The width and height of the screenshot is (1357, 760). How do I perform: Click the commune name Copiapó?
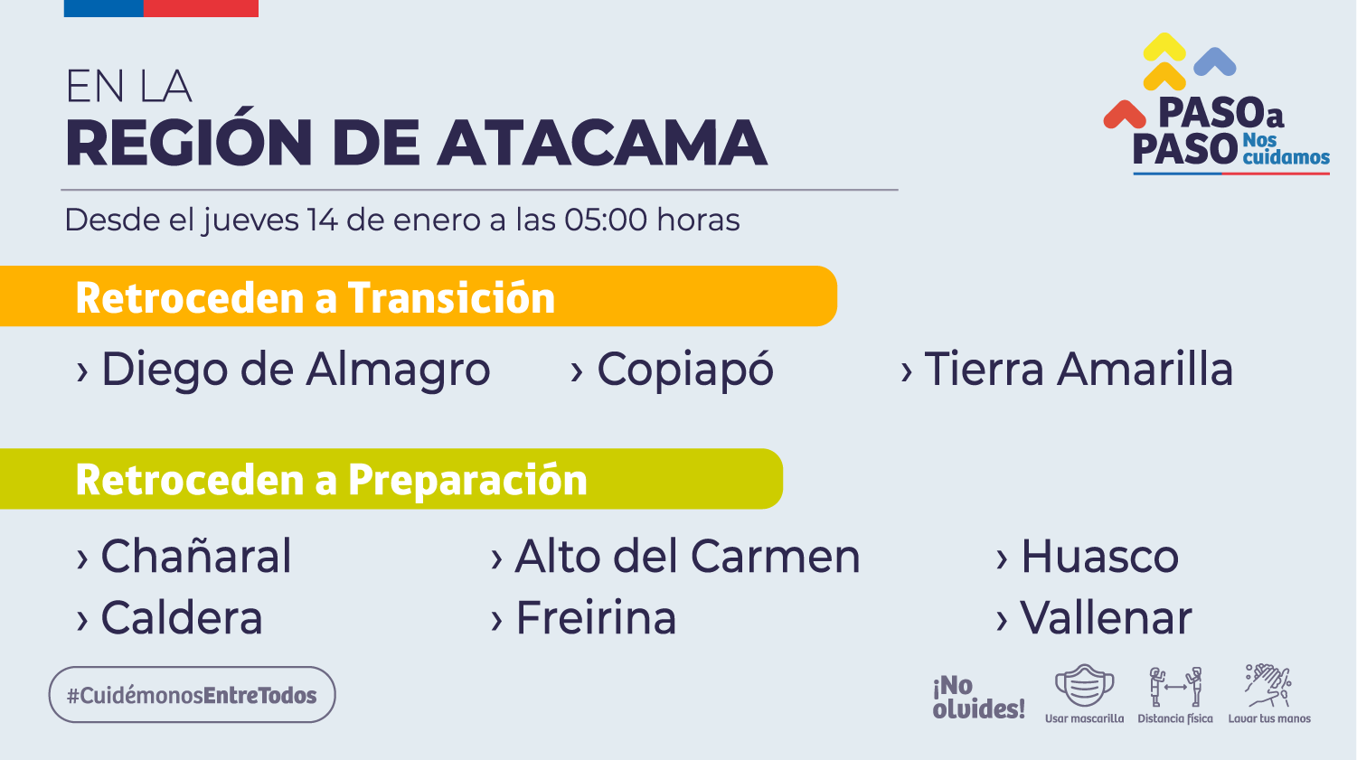(685, 370)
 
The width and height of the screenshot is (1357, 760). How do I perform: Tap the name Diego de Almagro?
(296, 370)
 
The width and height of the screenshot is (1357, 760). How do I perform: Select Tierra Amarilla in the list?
(1079, 369)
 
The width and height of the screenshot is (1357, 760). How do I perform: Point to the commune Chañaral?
(196, 556)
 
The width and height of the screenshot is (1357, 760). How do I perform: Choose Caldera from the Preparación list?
(182, 618)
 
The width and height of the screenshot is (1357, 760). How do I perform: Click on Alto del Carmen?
(688, 556)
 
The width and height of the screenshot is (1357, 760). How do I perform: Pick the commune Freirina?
(596, 618)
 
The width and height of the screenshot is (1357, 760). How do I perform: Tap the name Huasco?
(1100, 556)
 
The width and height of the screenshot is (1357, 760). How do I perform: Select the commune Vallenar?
(1107, 618)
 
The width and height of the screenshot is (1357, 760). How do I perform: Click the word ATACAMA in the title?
(602, 143)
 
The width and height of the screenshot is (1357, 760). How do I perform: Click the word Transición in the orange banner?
(451, 297)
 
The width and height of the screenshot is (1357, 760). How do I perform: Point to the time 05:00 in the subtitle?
(605, 220)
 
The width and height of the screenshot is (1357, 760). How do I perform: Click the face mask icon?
(1084, 685)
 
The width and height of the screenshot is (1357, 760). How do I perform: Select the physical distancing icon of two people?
(1175, 686)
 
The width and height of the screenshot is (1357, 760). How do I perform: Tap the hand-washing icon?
(1268, 686)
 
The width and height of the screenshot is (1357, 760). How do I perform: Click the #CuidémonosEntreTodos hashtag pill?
(192, 695)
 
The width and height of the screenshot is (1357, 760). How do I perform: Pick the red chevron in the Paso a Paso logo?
(1125, 115)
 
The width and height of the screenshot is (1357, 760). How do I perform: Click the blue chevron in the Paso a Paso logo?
(1215, 61)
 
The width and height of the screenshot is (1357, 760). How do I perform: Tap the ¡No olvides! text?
(978, 698)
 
